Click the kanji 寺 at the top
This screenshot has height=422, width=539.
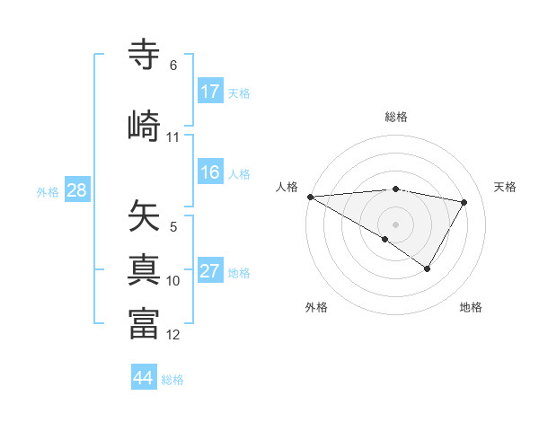tap(145, 55)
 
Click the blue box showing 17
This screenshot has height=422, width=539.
tap(210, 92)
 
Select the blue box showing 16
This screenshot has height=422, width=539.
tap(210, 172)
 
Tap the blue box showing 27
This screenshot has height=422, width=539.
tap(210, 271)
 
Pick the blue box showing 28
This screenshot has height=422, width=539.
tap(76, 190)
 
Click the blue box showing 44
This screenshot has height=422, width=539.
tap(144, 378)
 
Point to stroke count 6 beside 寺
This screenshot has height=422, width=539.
tap(173, 66)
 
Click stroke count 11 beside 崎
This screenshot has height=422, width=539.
tap(173, 137)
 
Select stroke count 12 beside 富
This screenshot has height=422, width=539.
tap(173, 335)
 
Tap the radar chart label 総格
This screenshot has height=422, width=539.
tap(396, 117)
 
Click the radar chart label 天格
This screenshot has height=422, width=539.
tap(506, 187)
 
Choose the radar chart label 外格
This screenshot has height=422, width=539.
tap(316, 307)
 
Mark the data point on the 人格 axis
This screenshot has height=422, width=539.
tap(310, 197)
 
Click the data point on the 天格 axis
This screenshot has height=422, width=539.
tap(464, 202)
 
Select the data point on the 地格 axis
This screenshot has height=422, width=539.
tap(428, 268)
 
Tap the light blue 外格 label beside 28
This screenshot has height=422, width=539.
tap(48, 191)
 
